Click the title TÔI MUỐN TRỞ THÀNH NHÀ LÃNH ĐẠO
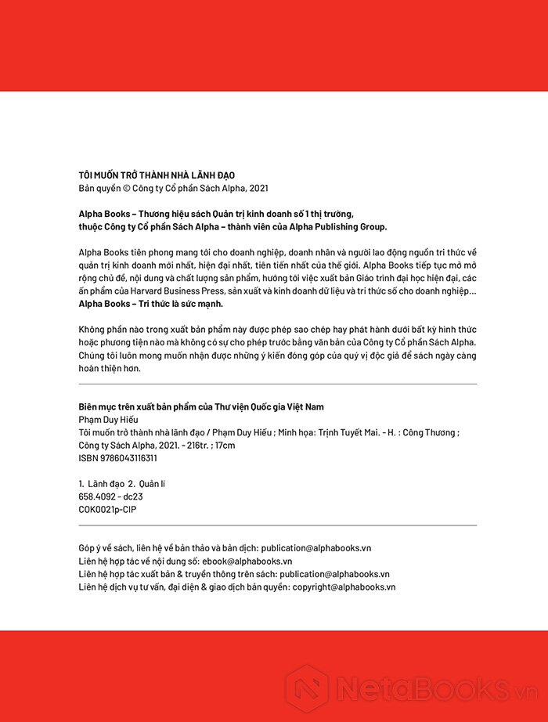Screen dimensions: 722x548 coord(157,175)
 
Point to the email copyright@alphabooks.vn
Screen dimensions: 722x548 coord(344,586)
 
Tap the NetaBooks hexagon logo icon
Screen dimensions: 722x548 coord(306,687)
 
